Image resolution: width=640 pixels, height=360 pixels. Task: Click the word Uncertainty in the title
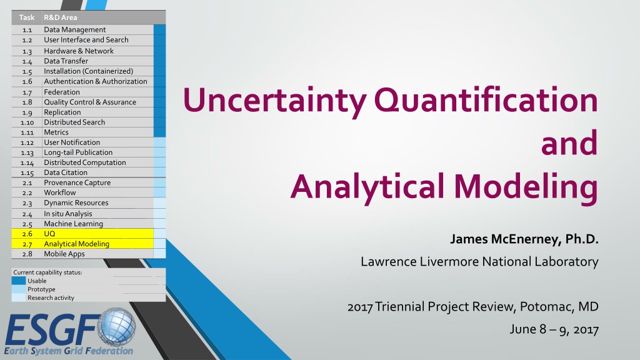[275, 101]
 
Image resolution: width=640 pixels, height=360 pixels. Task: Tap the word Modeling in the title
[526, 186]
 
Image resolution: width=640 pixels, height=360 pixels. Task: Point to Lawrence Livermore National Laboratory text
[479, 261]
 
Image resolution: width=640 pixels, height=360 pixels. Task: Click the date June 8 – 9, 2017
[554, 329]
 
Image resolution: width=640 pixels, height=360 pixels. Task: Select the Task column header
[27, 17]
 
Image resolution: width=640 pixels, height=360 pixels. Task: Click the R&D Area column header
[61, 17]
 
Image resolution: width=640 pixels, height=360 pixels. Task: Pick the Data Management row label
[75, 29]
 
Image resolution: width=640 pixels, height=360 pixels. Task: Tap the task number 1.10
[27, 122]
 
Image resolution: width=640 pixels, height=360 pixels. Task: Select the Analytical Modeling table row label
[77, 244]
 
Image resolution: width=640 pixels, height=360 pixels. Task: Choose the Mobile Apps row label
[64, 254]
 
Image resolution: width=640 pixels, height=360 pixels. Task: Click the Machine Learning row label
[74, 224]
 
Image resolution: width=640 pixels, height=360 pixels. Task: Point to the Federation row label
[62, 92]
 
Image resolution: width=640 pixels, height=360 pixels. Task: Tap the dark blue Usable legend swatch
[18, 281]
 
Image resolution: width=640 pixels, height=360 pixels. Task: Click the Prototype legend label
[41, 289]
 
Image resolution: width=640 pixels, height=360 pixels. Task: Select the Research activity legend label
[51, 298]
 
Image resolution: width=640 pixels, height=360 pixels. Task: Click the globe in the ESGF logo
[116, 327]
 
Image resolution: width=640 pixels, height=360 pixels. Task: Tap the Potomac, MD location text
[559, 306]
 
